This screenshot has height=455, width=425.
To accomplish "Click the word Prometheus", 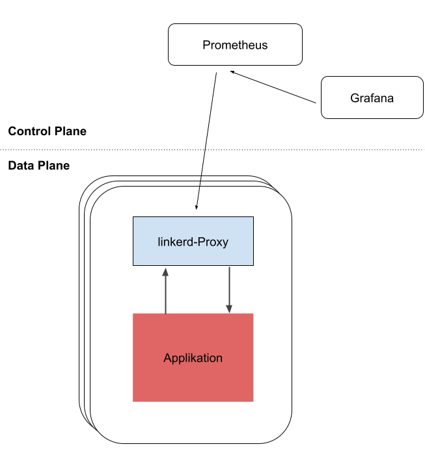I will [x=235, y=45].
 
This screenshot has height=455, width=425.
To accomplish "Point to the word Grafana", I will [x=372, y=99].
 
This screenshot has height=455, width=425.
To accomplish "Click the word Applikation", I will [x=193, y=358].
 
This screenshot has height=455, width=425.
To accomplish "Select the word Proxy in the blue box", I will [x=213, y=242].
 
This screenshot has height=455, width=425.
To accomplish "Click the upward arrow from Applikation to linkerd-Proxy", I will [x=165, y=292].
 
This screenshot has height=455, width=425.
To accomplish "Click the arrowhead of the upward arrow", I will [x=165, y=270].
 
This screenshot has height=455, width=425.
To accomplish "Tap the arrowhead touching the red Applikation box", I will [x=229, y=308].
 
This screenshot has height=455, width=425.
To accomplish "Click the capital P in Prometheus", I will [x=206, y=45].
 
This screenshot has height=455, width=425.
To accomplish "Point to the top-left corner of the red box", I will [x=133, y=314].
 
